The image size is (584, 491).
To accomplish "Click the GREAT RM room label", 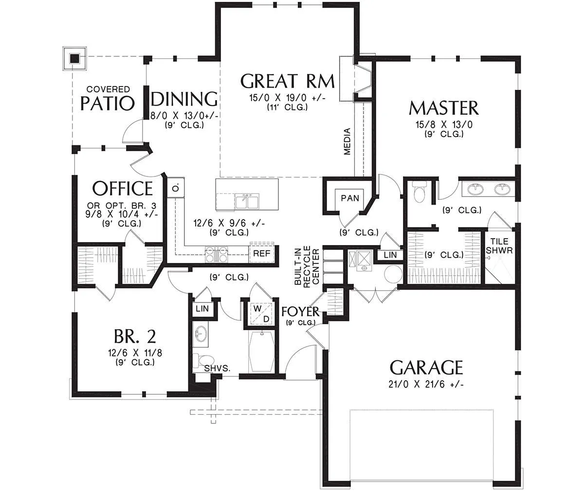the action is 287,81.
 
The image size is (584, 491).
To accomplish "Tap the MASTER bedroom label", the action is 443,108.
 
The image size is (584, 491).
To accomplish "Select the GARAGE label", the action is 426,368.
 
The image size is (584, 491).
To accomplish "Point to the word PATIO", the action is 108,103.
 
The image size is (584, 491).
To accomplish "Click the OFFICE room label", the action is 123,188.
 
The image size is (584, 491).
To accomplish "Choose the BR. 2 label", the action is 135,336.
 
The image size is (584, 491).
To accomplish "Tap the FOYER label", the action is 300,311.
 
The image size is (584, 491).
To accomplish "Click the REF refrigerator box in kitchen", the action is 261,253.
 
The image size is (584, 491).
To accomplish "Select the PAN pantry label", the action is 350,198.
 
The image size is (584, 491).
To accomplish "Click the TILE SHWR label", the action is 499,245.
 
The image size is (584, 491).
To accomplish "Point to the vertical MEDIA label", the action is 347,141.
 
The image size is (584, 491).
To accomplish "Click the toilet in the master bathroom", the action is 419,192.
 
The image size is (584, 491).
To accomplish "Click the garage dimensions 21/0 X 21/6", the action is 426,385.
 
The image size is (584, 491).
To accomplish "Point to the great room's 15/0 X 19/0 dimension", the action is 287,98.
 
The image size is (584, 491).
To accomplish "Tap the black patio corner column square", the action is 74,59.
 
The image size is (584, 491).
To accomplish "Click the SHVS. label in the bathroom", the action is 217,368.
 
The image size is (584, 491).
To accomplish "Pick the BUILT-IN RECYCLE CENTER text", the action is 307,265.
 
